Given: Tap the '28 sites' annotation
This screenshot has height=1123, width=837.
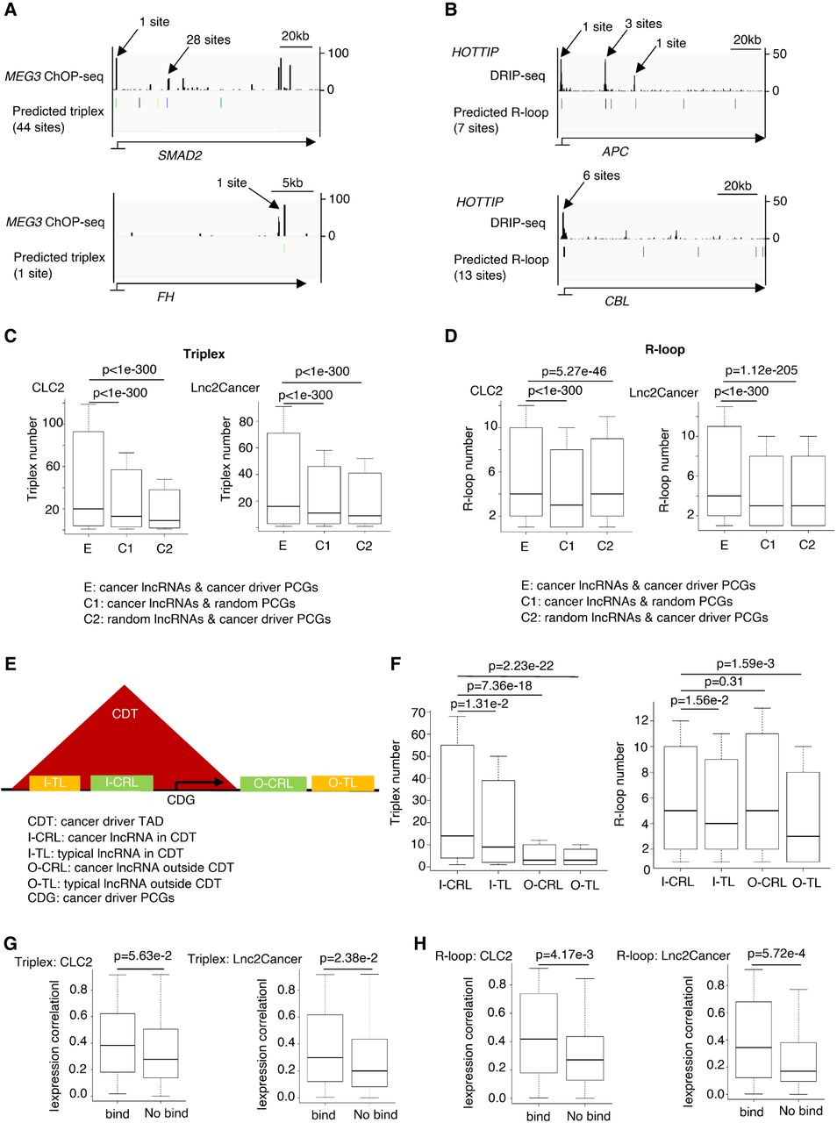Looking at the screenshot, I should click(208, 39).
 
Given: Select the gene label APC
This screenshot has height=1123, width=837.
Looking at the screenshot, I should click(615, 152).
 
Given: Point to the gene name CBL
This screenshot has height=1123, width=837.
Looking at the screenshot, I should click(617, 301).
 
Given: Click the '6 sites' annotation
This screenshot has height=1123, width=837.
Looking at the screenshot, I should click(601, 175).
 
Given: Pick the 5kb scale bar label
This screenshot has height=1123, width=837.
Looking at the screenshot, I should click(292, 183).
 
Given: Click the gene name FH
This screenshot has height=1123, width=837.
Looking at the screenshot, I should click(165, 297).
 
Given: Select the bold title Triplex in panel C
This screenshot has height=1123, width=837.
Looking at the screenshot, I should click(204, 354).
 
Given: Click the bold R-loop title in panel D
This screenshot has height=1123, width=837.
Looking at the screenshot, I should click(664, 349).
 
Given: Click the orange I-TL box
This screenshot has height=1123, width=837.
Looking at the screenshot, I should click(55, 783).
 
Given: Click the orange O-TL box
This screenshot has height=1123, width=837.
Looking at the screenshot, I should click(342, 783).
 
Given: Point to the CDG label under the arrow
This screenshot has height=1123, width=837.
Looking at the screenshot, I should click(181, 799).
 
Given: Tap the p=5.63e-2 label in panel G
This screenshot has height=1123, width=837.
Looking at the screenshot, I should click(147, 958).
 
